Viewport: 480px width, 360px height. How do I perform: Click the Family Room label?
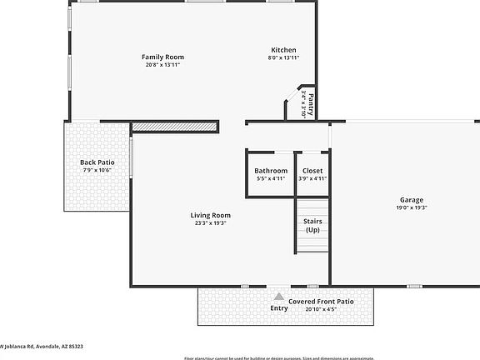point(162,57)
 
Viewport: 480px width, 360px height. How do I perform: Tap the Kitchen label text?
point(283,50)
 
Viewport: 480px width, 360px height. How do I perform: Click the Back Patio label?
point(97,162)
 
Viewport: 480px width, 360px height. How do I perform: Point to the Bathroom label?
point(271,171)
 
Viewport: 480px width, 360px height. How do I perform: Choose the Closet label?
point(312,171)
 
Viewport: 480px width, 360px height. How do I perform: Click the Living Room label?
point(210,216)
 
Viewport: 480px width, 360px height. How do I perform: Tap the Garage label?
point(412,200)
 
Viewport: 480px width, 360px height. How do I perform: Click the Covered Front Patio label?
point(321,302)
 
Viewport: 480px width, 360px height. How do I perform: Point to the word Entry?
point(279,308)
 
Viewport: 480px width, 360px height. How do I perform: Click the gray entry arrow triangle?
point(279,296)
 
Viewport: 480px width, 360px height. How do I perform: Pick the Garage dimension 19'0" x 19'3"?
point(412,208)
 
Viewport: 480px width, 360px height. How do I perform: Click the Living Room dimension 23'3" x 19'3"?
point(210,224)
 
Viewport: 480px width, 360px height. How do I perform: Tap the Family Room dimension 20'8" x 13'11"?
point(162,64)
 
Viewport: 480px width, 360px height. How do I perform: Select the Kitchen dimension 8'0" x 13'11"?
point(283,57)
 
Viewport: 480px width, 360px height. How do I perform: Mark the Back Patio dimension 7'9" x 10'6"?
point(97,170)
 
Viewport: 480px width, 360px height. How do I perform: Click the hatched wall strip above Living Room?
point(175,127)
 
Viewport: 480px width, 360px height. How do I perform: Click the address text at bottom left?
point(42,346)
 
